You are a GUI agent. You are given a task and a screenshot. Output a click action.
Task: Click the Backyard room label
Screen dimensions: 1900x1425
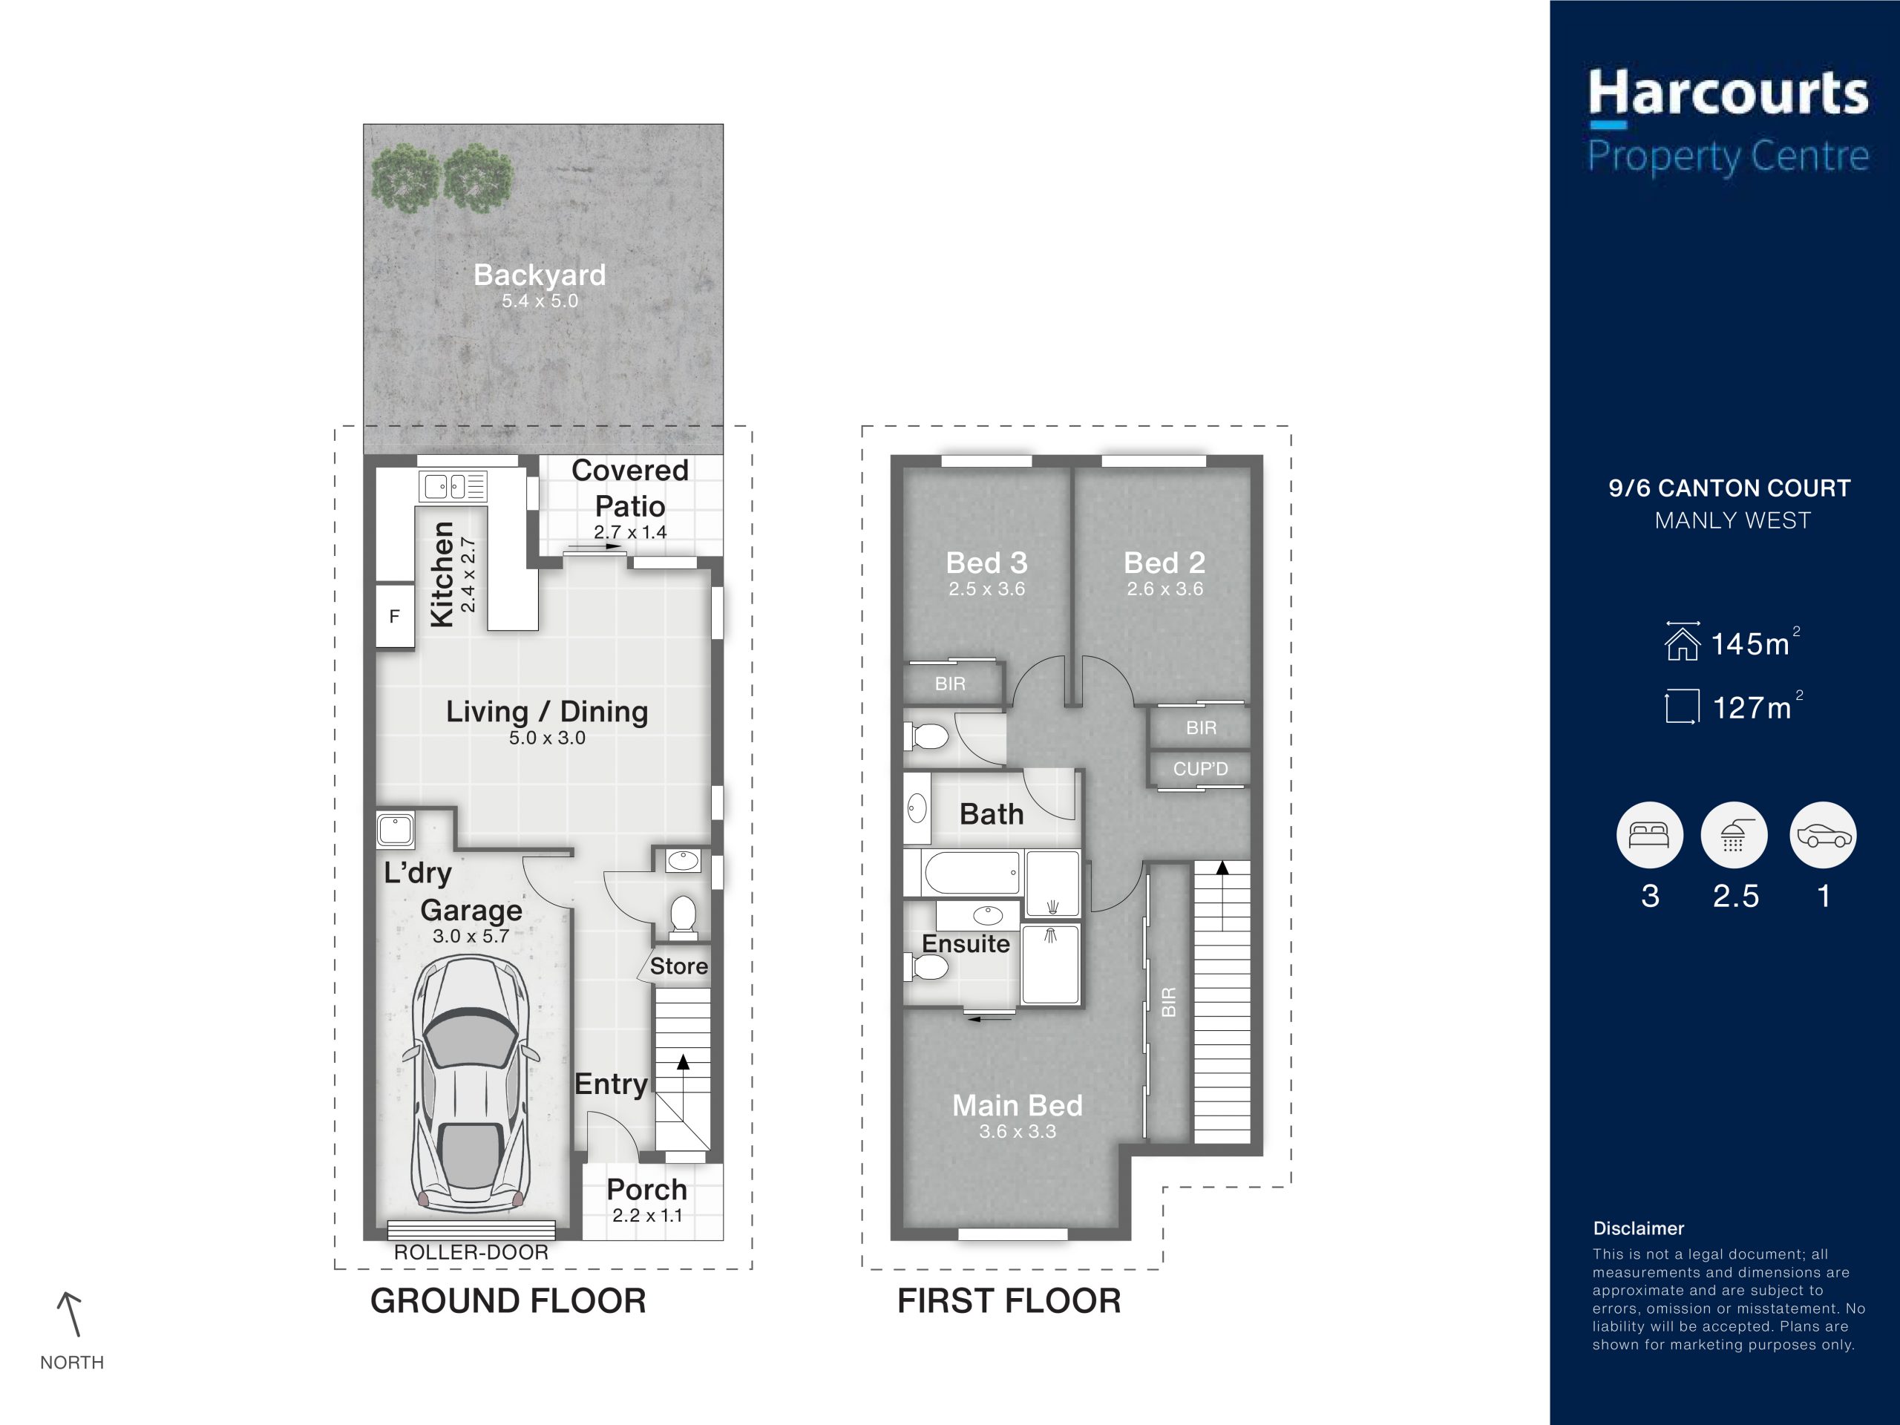540,275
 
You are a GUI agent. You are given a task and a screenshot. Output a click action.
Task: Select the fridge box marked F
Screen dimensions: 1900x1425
395,616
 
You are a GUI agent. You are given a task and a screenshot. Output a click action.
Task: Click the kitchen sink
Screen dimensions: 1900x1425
452,486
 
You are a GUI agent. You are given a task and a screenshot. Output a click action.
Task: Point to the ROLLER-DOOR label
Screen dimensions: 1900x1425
471,1252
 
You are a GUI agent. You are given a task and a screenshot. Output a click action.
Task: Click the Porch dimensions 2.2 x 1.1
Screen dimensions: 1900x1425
646,1216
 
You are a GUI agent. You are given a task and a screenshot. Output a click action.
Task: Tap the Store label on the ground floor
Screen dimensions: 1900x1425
678,966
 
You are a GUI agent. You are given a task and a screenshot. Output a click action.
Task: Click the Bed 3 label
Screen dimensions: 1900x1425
986,563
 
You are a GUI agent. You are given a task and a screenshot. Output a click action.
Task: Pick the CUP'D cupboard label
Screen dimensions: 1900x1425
1201,769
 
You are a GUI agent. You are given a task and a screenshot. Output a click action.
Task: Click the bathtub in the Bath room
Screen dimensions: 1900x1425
972,873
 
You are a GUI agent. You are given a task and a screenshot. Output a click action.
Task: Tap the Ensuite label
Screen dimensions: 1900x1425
966,944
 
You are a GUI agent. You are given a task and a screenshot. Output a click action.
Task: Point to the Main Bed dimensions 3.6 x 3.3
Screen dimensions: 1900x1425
1018,1131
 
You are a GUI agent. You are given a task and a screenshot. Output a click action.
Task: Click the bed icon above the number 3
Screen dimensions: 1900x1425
1649,834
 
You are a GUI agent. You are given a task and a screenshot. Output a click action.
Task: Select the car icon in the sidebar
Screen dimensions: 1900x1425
1823,835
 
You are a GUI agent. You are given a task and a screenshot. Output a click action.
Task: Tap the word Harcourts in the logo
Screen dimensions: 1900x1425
1729,94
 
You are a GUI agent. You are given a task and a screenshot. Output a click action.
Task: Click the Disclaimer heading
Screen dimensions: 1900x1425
1638,1228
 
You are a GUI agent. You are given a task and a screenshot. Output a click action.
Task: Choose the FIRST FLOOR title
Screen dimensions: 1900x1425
1009,1301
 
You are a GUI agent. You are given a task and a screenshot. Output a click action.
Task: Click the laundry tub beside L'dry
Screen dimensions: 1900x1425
395,830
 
